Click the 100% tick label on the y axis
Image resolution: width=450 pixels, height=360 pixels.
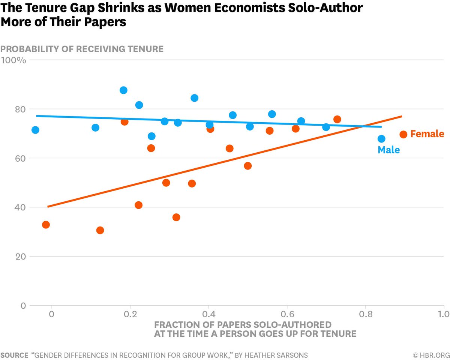click(13, 60)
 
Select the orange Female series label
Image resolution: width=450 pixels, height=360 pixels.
click(427, 134)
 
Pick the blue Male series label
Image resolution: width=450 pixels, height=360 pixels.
click(388, 150)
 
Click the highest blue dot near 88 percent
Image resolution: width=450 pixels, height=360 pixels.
click(123, 90)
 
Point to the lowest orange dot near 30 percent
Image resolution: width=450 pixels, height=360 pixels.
click(100, 230)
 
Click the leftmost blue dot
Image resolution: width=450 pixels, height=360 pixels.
click(35, 130)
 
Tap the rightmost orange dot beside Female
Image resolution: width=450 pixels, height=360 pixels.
click(403, 135)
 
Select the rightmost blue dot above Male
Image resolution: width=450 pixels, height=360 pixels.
click(381, 139)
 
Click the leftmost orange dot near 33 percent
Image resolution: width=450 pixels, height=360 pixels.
click(46, 225)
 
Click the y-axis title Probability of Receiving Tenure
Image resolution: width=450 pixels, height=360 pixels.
click(82, 49)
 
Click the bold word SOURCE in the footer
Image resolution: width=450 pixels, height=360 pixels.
click(14, 355)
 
